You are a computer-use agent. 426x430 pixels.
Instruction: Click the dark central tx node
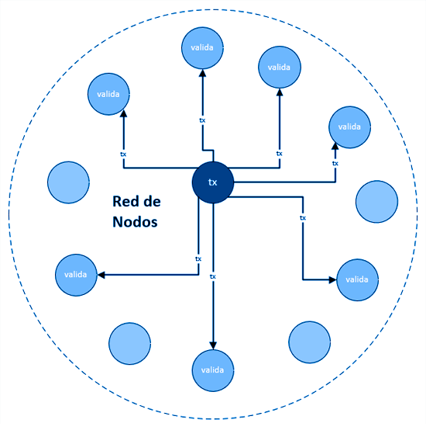tap(213, 182)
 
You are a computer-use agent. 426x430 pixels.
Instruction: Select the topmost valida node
tap(202, 48)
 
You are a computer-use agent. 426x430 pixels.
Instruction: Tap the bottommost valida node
tap(212, 370)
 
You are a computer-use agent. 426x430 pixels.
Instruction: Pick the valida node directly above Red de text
tap(108, 94)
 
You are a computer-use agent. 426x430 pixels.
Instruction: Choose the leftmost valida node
tap(76, 275)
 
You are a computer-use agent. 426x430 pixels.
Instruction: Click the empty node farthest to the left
tap(68, 182)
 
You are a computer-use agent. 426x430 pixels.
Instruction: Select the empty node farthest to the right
tap(376, 202)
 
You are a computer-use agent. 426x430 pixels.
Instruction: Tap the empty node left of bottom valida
tap(129, 344)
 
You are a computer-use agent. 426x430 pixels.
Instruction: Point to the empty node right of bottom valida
tap(310, 342)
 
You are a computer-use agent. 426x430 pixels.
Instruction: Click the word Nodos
tap(136, 222)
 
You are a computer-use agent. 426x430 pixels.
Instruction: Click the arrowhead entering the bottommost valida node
tap(213, 345)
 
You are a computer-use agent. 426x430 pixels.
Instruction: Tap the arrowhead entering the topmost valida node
tap(202, 73)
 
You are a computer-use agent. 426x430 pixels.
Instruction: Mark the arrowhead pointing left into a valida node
tap(101, 275)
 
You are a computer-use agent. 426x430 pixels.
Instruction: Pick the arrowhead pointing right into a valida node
tap(332, 280)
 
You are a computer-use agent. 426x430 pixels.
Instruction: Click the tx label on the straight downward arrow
tap(212, 276)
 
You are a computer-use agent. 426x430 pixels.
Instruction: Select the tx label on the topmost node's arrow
tap(202, 120)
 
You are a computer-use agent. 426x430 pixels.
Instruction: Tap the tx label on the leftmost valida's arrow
tap(198, 259)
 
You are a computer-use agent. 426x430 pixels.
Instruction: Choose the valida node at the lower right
tap(357, 280)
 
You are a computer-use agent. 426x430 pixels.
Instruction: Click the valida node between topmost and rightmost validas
tap(280, 68)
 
